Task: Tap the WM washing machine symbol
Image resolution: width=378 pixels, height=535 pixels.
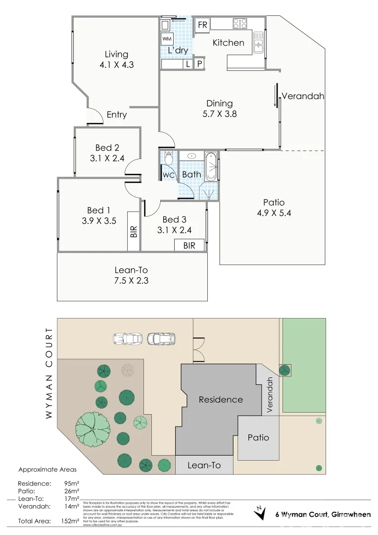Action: [167, 39]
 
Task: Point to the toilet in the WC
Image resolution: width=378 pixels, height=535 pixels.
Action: [169, 158]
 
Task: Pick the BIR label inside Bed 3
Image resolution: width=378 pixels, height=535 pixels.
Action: [189, 245]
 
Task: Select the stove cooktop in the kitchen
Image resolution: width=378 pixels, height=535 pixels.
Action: [240, 23]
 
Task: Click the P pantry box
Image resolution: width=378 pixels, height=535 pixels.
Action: [200, 64]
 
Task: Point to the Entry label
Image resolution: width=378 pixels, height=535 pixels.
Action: [117, 114]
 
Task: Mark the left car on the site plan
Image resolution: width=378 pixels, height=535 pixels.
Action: [127, 339]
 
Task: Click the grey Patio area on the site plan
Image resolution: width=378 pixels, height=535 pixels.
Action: [258, 438]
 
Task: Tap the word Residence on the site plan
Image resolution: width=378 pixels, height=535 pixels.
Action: [221, 399]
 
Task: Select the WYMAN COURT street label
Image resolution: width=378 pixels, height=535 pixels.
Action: [48, 373]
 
